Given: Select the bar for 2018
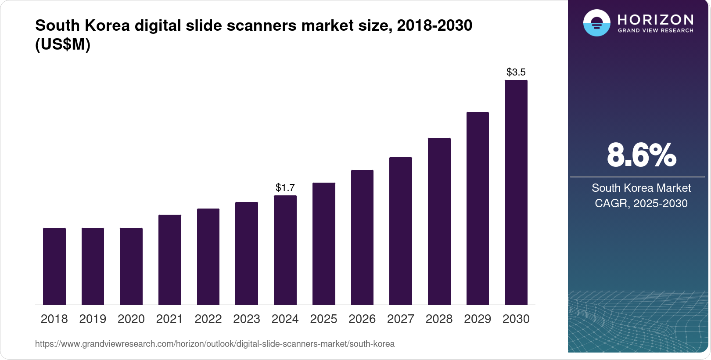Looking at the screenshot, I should [x=54, y=266].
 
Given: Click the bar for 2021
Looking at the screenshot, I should [x=170, y=259].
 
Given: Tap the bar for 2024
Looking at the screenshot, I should [x=285, y=250].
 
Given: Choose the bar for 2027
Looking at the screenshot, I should [x=401, y=231].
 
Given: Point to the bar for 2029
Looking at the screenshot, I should [x=478, y=208].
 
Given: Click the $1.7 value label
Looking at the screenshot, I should [x=285, y=188].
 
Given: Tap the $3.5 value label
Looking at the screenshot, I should [x=516, y=72].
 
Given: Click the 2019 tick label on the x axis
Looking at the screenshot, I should [x=93, y=319].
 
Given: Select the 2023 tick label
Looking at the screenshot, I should [x=247, y=319].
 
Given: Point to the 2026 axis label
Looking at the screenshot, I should [x=362, y=319].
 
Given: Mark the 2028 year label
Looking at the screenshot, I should [x=439, y=319].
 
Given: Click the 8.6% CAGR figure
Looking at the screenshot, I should [x=641, y=155].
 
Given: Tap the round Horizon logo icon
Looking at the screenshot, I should [x=596, y=23].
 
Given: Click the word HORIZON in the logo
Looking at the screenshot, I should [x=655, y=20].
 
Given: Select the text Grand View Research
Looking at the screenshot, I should [x=655, y=31].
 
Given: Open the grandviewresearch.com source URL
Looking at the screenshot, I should [x=215, y=344].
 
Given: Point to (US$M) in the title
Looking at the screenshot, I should [x=63, y=44].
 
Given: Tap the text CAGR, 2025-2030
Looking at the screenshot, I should [x=641, y=203].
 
